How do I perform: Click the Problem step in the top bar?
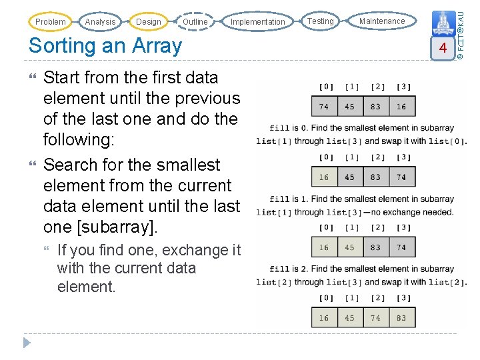pyautogui.click(x=50, y=22)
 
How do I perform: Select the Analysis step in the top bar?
pyautogui.click(x=100, y=22)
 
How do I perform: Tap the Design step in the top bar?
pyautogui.click(x=148, y=22)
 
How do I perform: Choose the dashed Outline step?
pyautogui.click(x=195, y=22)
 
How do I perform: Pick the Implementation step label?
pyautogui.click(x=257, y=22)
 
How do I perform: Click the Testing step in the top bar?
pyautogui.click(x=321, y=21)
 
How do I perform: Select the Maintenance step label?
pyautogui.click(x=382, y=21)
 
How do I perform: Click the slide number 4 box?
pyautogui.click(x=441, y=48)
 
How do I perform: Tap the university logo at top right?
pyautogui.click(x=441, y=23)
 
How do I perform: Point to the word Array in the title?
pyautogui.click(x=157, y=46)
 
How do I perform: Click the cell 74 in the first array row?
pyautogui.click(x=324, y=107)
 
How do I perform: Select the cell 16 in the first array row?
pyautogui.click(x=401, y=107)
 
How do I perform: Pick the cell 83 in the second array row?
pyautogui.click(x=375, y=177)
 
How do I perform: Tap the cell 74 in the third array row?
pyautogui.click(x=401, y=247)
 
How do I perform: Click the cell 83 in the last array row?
pyautogui.click(x=401, y=318)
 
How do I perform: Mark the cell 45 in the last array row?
pyautogui.click(x=350, y=318)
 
